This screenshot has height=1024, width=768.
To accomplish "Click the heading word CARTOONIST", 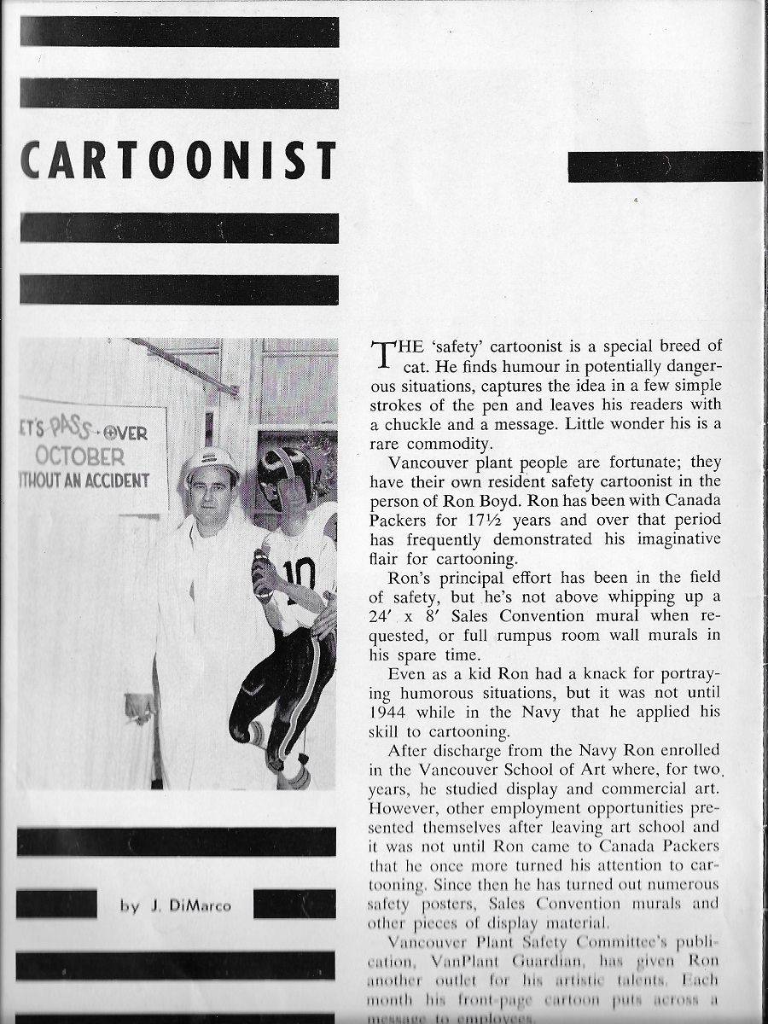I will coord(178,161).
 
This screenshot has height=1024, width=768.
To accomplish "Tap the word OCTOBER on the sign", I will coord(81,457).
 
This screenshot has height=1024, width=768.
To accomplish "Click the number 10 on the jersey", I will coord(300,576).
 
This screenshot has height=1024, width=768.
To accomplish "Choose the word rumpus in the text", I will coord(543,635).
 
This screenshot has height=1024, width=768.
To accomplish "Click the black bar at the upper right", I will coord(665,166).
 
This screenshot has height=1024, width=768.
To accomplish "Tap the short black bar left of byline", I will coord(56,904).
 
